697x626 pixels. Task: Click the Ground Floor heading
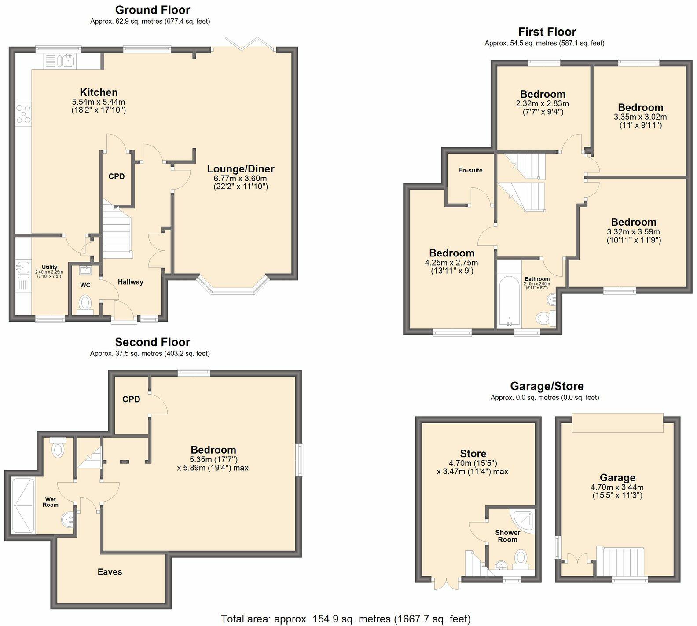(152, 10)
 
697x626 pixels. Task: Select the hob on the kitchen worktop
(23, 113)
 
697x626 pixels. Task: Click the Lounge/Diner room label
(240, 169)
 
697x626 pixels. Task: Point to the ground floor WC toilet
(85, 303)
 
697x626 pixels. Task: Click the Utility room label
(49, 267)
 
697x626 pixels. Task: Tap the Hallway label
(130, 282)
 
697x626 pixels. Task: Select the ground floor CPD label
(117, 176)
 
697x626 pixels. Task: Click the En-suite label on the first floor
(470, 170)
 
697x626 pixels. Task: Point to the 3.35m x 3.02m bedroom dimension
(640, 117)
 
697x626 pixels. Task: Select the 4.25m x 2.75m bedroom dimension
(451, 263)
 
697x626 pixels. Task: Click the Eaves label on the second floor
(110, 572)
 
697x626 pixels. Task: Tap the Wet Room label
(50, 502)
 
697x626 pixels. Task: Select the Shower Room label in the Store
(507, 536)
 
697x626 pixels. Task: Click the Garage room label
(617, 478)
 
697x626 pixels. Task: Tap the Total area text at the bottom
(345, 619)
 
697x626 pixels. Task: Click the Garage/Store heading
(547, 386)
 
